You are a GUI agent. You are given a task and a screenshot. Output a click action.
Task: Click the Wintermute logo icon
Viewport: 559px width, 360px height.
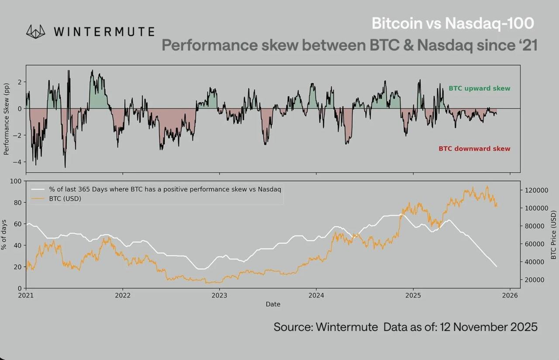(36, 31)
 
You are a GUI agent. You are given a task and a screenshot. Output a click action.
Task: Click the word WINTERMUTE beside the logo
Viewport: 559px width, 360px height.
(104, 32)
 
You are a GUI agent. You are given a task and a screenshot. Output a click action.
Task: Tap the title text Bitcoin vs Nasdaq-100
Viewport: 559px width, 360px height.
(452, 23)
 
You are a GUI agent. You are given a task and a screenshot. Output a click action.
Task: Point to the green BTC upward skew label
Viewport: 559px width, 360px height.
(479, 88)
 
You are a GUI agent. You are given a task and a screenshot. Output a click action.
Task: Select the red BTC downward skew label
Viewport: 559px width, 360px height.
(474, 149)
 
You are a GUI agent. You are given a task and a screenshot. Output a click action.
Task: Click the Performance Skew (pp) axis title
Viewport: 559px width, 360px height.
(7, 119)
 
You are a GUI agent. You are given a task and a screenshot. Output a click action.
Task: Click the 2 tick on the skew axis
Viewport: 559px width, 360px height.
(20, 82)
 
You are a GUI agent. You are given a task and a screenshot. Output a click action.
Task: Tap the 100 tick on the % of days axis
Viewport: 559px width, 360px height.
(16, 181)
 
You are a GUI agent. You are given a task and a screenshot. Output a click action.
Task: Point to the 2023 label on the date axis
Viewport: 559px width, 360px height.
(219, 295)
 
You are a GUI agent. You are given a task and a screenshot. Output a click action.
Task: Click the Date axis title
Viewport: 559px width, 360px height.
(273, 304)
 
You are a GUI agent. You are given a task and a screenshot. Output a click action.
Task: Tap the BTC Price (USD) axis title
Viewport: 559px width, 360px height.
(554, 235)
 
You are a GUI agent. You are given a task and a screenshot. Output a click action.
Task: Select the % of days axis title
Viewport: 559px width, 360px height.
(5, 235)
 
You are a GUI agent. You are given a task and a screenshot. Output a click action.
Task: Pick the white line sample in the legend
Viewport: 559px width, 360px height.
(38, 190)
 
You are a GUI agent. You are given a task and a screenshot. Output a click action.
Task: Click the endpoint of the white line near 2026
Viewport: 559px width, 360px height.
(497, 267)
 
